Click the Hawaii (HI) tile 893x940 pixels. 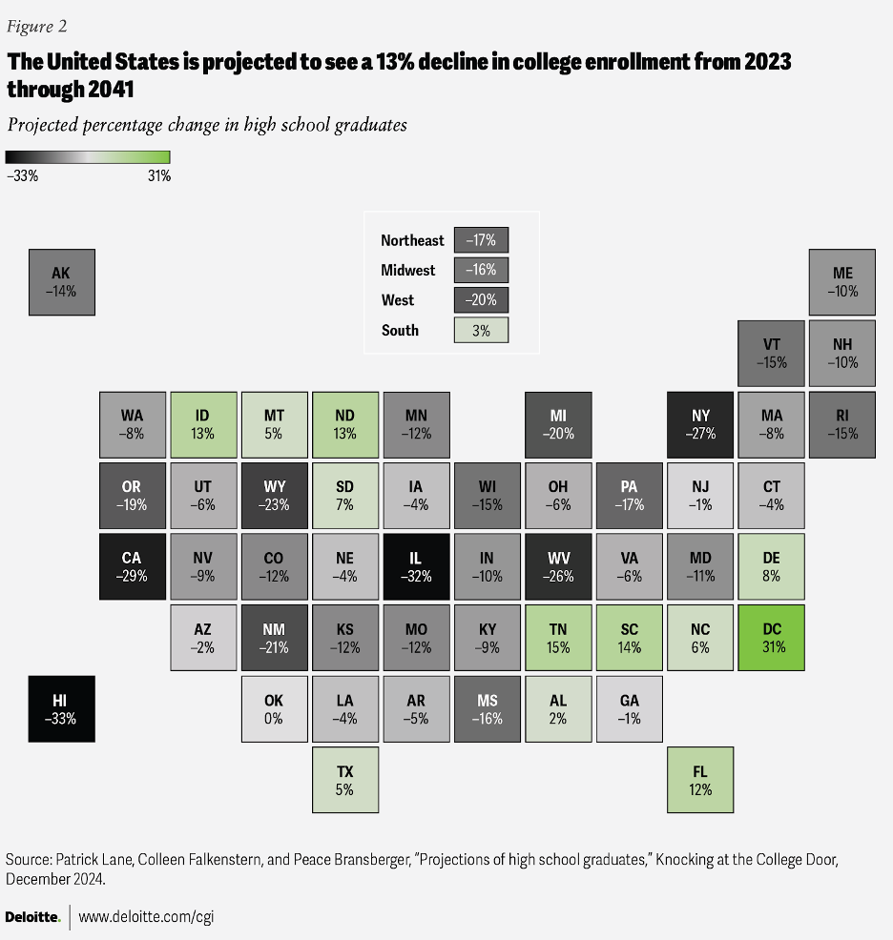[x=61, y=708]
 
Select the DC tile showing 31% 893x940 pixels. [x=772, y=637]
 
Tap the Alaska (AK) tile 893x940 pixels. [x=61, y=282]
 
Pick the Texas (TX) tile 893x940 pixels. [x=345, y=780]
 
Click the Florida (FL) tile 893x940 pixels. [x=700, y=780]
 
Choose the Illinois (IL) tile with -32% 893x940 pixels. [x=417, y=566]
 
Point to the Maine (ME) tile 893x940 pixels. [x=842, y=282]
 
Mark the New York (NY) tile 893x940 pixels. [x=700, y=424]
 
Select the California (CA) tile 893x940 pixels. [x=133, y=566]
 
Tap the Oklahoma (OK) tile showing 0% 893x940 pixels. [x=274, y=708]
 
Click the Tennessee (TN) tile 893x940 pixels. [x=559, y=637]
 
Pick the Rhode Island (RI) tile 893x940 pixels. [x=842, y=424]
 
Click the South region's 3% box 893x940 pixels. [x=482, y=330]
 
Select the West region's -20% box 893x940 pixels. [x=482, y=300]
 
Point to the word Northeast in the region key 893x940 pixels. [x=412, y=240]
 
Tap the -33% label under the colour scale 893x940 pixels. [x=22, y=175]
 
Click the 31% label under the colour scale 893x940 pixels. [x=158, y=175]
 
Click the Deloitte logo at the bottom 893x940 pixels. [x=32, y=917]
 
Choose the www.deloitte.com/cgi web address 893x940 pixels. [x=144, y=917]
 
